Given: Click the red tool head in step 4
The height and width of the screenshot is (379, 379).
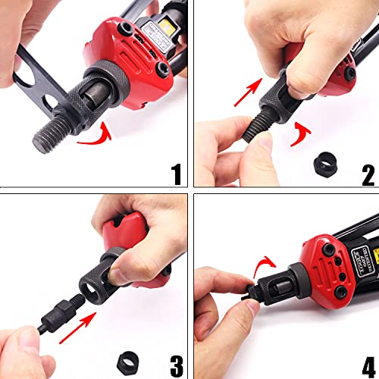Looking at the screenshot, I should [318, 258].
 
